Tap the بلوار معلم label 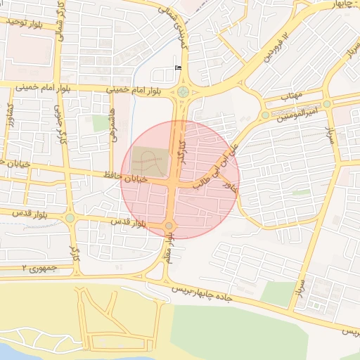click(169, 252)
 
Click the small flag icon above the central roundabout click(177, 67)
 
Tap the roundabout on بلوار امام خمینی click(184, 91)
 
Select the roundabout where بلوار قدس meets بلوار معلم click(169, 225)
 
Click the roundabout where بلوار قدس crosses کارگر click(70, 218)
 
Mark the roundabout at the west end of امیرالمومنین click(265, 115)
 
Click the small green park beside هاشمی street click(101, 123)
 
